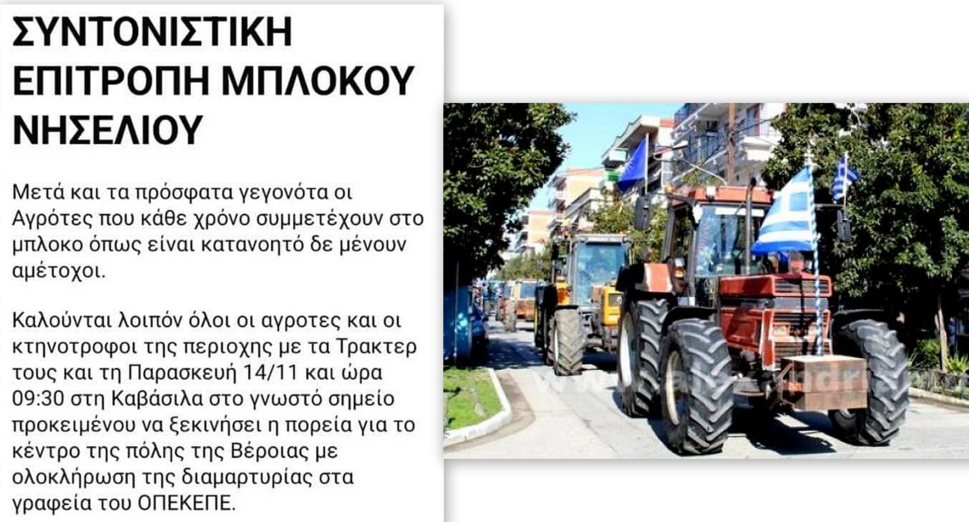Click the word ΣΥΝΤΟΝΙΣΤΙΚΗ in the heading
152,32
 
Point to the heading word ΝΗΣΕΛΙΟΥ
108,129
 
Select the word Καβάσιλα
157,399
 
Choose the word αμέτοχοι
59,271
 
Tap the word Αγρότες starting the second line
52,219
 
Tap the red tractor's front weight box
826,382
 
